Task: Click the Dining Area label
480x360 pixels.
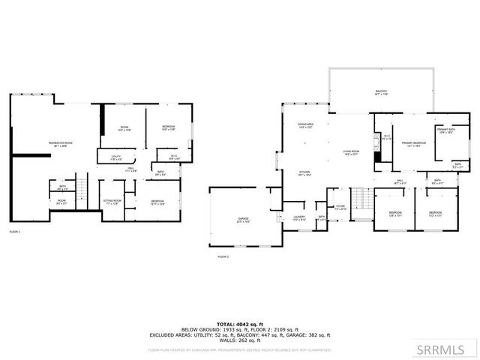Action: (304, 126)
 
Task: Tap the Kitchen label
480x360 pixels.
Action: (304, 174)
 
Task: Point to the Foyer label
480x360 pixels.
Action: (340, 207)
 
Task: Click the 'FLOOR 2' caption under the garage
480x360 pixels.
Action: (223, 256)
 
